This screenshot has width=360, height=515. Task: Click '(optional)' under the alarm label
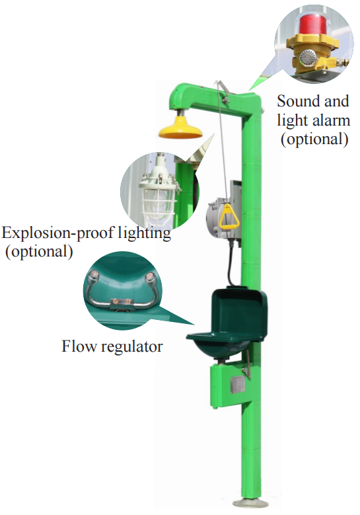point(314,139)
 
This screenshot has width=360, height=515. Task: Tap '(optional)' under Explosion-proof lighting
point(38,252)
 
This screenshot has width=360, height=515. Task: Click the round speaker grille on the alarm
point(306,59)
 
